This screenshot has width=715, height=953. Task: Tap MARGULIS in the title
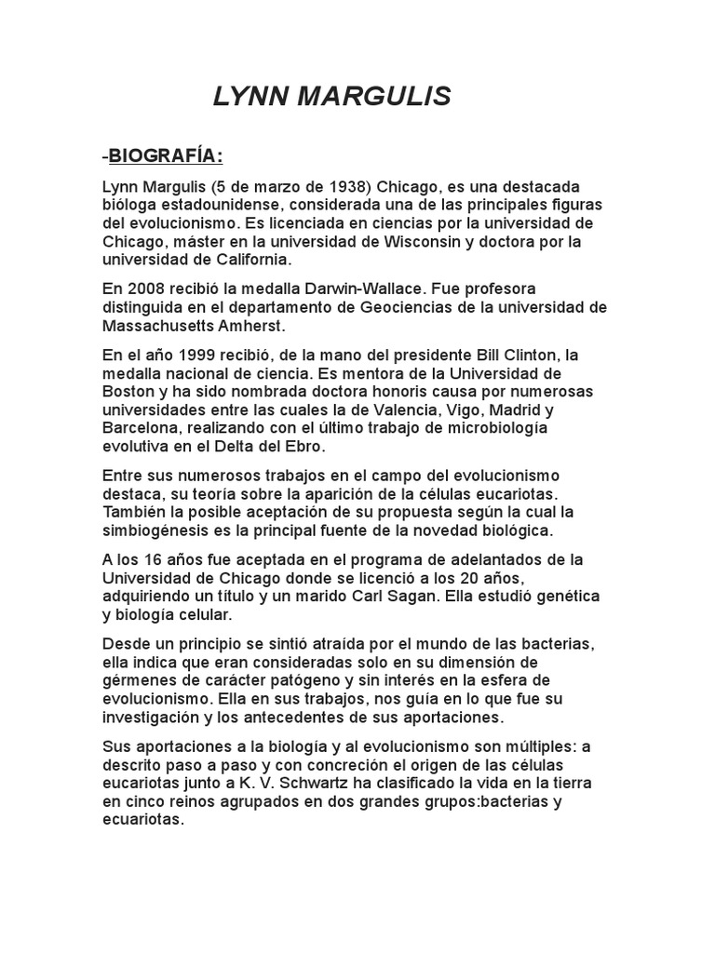point(373,96)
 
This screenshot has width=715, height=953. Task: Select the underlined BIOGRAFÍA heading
point(166,154)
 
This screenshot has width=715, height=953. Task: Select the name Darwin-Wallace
point(360,289)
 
